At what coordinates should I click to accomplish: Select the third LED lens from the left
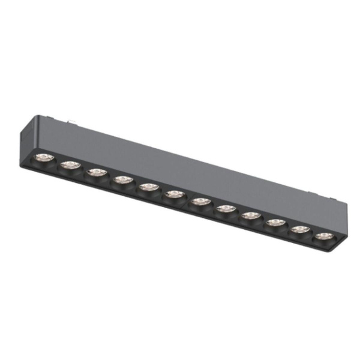[x=97, y=173]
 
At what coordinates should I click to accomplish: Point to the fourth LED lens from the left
[x=122, y=179]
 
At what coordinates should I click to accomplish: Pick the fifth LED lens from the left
[x=148, y=187]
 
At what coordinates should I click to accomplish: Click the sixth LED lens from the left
[x=174, y=194]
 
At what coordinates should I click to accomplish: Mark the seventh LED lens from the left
[x=200, y=202]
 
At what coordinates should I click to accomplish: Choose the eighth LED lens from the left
[x=225, y=208]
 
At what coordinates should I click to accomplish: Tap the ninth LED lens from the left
[x=251, y=215]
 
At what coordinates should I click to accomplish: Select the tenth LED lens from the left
[x=276, y=223]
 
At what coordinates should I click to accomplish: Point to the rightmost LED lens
[x=325, y=236]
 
